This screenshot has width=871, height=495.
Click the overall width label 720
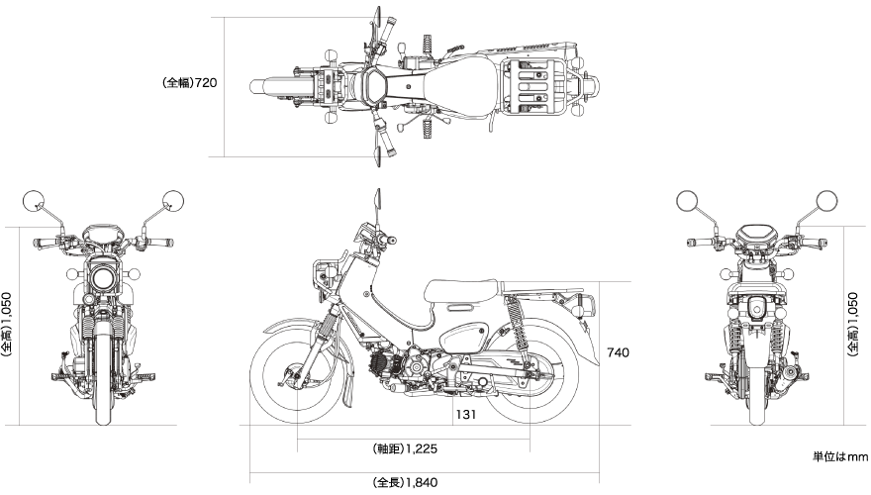pyautogui.click(x=189, y=83)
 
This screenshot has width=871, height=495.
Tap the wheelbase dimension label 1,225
pyautogui.click(x=405, y=448)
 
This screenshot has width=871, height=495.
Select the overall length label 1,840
pyautogui.click(x=405, y=482)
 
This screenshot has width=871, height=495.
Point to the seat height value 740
pyautogui.click(x=618, y=352)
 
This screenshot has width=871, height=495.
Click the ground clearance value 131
pyautogui.click(x=465, y=415)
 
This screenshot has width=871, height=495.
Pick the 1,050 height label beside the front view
pyautogui.click(x=7, y=325)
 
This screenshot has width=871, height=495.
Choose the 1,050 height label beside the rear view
pyautogui.click(x=852, y=325)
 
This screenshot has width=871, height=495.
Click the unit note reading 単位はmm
pyautogui.click(x=839, y=456)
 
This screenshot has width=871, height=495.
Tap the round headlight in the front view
pyautogui.click(x=103, y=278)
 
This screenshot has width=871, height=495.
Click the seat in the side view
pyautogui.click(x=463, y=290)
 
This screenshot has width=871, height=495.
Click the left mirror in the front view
pyautogui.click(x=34, y=201)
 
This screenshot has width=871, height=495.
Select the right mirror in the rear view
pyautogui.click(x=826, y=201)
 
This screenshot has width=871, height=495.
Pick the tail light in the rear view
pyautogui.click(x=756, y=309)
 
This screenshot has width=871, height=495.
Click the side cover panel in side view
pyautogui.click(x=464, y=338)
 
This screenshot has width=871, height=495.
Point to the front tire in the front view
pyautogui.click(x=103, y=373)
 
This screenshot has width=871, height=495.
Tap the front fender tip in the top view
pyautogui.click(x=251, y=86)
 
